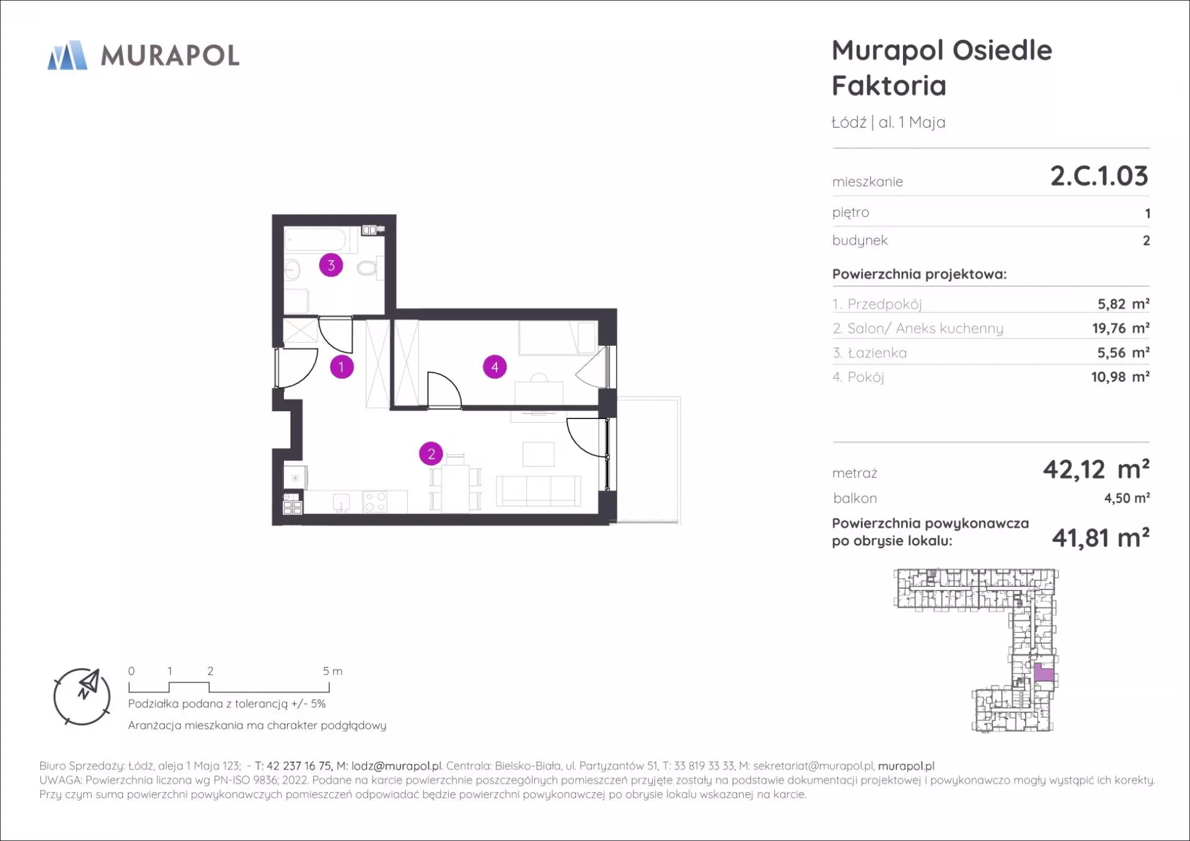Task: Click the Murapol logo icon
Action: point(68,55)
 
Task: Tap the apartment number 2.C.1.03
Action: point(1099,176)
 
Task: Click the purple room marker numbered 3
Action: point(331,265)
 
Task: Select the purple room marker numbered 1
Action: point(342,367)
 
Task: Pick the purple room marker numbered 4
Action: point(495,367)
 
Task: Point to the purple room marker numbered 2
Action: point(431,454)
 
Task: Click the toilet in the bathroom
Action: point(369,269)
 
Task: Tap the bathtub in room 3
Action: point(315,240)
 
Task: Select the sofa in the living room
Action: point(539,491)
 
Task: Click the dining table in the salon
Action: point(456,488)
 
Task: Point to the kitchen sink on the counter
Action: point(341,501)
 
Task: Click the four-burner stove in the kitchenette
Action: point(376,501)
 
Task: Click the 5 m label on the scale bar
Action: point(332,671)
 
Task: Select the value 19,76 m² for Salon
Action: point(1121,328)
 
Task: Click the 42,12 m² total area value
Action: point(1096,470)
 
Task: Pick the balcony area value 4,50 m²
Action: point(1127,498)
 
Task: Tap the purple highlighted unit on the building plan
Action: point(1044,672)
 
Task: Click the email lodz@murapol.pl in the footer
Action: point(397,766)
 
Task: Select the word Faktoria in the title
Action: point(889,86)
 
